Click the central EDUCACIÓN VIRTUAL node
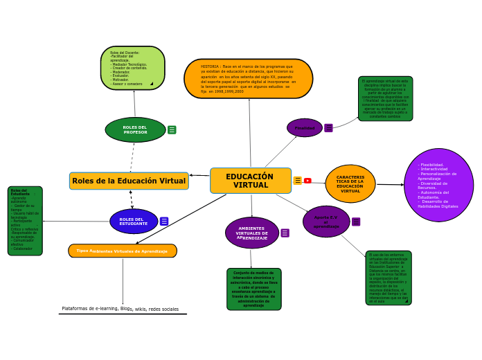point(250,181)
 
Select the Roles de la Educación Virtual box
point(129,181)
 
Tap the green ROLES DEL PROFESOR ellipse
point(135,129)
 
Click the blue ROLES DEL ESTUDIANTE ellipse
point(133,222)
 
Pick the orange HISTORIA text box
point(248,78)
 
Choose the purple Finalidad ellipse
point(304,128)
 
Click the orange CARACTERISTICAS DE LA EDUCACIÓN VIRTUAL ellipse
point(350,183)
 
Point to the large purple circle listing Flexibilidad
point(438,185)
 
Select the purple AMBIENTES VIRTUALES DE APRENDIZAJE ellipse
point(251,233)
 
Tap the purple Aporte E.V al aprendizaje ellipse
point(325,222)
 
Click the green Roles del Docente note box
point(132,68)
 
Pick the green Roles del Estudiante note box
point(25,220)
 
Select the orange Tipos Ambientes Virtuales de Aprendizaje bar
point(123,251)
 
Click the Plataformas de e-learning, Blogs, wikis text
point(120,309)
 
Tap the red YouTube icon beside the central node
point(307,181)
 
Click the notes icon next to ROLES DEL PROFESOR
point(172,129)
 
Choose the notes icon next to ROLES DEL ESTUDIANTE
point(164,222)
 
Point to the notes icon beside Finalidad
point(328,128)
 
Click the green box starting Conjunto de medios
point(253,289)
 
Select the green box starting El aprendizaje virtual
point(385,98)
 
